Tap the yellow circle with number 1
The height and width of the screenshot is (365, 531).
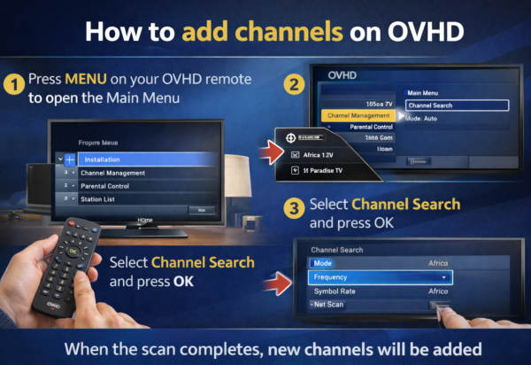(x=14, y=85)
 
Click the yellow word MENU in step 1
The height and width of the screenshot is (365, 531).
(x=81, y=78)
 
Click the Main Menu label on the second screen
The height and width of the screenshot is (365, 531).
(x=424, y=91)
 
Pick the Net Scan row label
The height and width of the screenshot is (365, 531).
(x=330, y=304)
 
